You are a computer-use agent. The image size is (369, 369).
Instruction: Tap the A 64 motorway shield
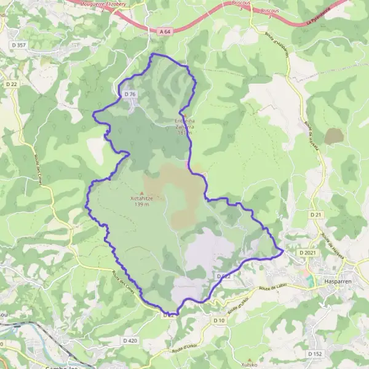coord(164,31)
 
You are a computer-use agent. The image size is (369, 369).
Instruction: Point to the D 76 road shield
coord(129,93)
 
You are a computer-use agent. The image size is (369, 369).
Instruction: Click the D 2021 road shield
coord(307,253)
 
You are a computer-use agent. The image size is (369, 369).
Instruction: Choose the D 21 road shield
coord(316,214)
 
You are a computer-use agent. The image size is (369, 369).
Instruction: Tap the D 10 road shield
coord(219,320)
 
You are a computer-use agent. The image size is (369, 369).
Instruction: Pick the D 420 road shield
coord(130,340)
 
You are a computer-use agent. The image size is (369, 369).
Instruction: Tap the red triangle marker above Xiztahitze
coord(142,192)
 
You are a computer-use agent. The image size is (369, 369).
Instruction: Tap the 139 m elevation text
coord(142,205)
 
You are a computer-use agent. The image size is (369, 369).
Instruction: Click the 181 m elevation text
coord(184,132)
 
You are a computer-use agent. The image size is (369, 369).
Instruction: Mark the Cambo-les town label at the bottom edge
coord(61,366)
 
